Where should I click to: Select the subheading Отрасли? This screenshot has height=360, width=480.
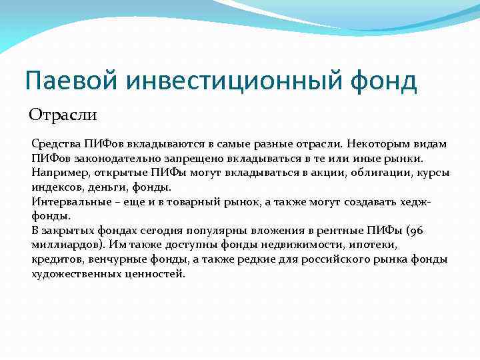(63, 115)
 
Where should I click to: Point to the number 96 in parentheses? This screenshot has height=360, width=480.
(414, 231)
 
